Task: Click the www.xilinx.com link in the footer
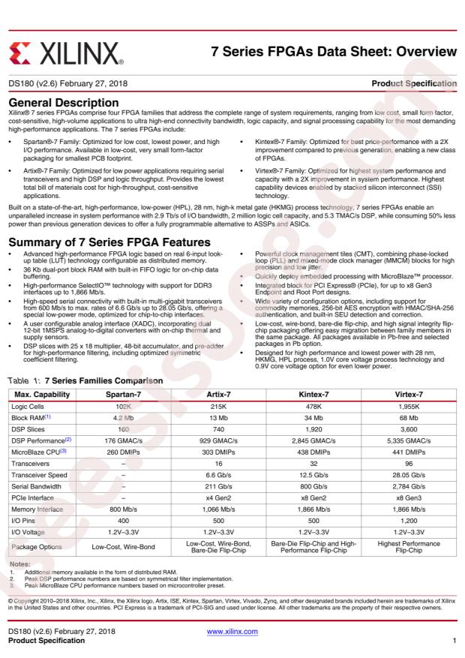coord(232,632)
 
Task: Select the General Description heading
coord(64,102)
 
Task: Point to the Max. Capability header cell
coord(42,395)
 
